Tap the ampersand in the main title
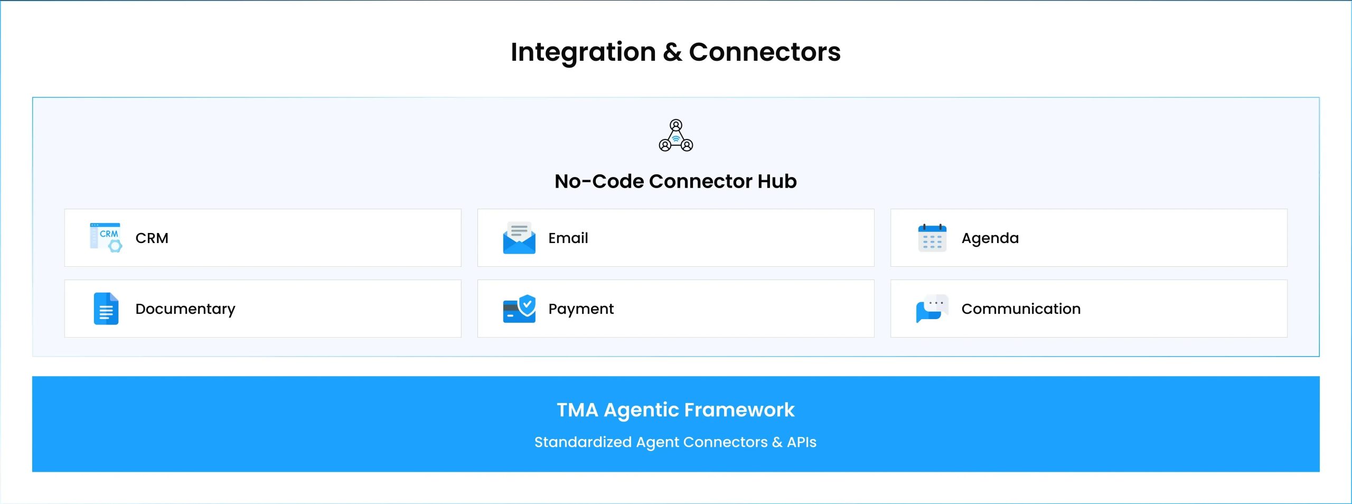(672, 52)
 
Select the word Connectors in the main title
(765, 52)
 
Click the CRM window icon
(106, 237)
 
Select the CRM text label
(152, 238)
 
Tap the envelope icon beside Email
(519, 238)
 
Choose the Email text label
(568, 238)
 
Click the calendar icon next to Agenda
(932, 238)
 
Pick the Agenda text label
(990, 239)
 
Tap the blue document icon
(106, 309)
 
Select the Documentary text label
(185, 309)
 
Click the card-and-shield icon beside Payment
(519, 309)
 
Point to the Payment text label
(581, 309)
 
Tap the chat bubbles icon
(932, 309)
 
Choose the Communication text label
(1021, 309)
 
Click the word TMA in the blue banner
(577, 410)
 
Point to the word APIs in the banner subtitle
(802, 442)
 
